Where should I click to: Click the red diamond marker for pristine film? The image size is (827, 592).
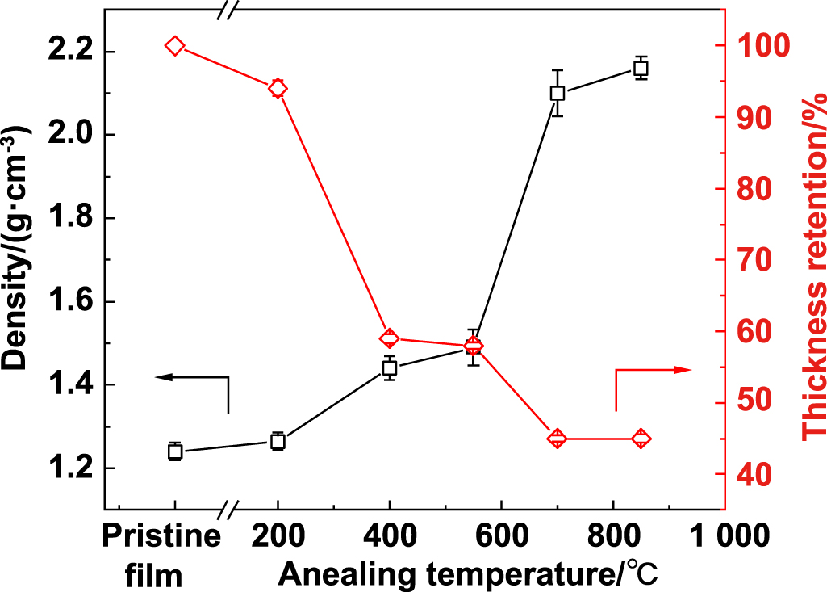pos(174,46)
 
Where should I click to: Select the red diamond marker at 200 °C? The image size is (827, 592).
pos(278,89)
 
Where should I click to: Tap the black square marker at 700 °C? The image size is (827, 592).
pos(557,93)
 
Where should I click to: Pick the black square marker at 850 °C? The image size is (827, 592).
pos(641,68)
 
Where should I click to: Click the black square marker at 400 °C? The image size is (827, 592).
pos(389,368)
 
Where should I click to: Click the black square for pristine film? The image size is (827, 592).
pos(174,451)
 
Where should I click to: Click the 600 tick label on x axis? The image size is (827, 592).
pos(500,536)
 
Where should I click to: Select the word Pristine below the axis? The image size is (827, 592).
pos(162,536)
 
